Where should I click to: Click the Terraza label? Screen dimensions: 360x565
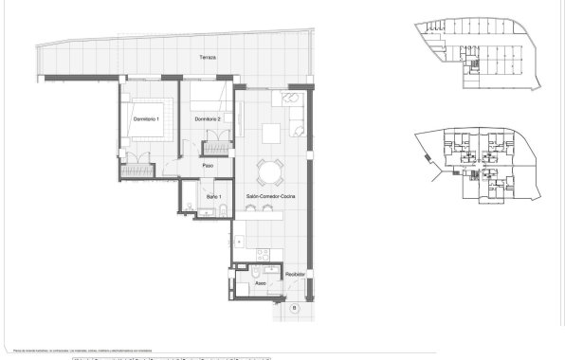(208, 58)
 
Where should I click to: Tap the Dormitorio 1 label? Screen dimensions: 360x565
(145, 119)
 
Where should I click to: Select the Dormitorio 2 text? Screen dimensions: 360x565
(208, 119)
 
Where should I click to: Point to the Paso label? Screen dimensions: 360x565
(208, 166)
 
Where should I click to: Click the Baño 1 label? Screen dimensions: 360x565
(213, 196)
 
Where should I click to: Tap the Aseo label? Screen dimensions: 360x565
(259, 281)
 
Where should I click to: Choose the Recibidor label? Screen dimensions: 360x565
(296, 273)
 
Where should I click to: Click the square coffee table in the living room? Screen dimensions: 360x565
(273, 130)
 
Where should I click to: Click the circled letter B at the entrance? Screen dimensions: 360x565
(294, 309)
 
